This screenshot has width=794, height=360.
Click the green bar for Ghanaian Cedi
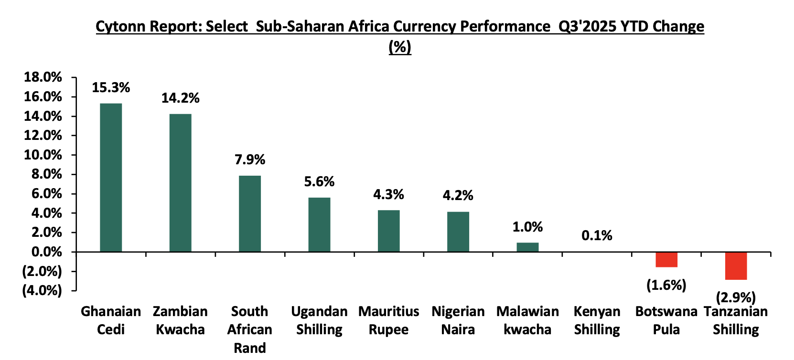click(x=111, y=177)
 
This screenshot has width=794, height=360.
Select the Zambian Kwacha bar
click(x=180, y=182)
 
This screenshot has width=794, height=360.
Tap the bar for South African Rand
click(x=250, y=213)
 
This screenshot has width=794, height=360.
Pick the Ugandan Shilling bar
click(x=319, y=224)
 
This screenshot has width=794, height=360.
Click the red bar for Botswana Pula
click(x=666, y=260)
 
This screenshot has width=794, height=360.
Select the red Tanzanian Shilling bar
click(x=736, y=266)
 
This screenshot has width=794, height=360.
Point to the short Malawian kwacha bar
click(x=527, y=247)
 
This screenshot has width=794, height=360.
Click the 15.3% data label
click(x=111, y=88)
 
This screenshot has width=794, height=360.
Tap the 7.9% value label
click(x=250, y=159)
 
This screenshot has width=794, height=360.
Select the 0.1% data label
click(x=597, y=235)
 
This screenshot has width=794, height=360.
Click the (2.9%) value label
click(x=736, y=297)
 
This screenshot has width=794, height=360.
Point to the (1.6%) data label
click(x=666, y=285)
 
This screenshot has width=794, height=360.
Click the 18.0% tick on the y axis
click(x=43, y=77)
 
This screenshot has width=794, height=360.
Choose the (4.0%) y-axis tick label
click(x=42, y=290)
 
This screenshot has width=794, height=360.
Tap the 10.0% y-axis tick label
click(x=43, y=155)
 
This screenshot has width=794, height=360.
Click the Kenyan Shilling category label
click(x=597, y=320)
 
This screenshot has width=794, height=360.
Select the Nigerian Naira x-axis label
click(x=458, y=320)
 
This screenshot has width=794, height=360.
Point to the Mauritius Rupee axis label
click(x=389, y=320)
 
